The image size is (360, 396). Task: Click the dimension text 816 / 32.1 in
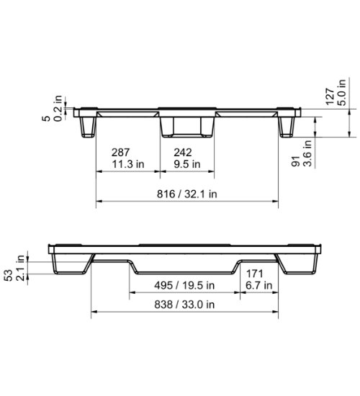[186, 194]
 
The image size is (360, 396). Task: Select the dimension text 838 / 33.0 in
[185, 304]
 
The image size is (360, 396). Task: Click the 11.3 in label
[127, 163]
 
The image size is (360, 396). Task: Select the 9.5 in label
[187, 163]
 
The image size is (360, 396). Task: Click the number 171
[256, 274]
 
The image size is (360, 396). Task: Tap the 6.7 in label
[258, 285]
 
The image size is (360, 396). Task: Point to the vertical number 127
[330, 98]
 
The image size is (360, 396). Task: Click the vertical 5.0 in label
[342, 94]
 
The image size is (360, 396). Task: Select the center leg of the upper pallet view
[186, 127]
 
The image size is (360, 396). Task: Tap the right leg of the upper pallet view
[287, 127]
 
